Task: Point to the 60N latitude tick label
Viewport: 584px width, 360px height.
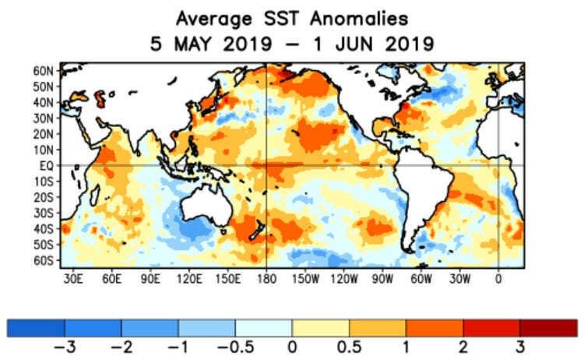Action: pos(43,70)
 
